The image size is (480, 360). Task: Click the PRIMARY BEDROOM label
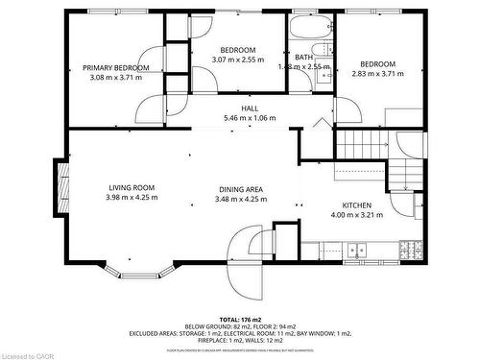click(x=115, y=67)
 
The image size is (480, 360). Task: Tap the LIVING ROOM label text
click(x=131, y=188)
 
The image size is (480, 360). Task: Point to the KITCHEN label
click(x=357, y=205)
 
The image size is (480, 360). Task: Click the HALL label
click(x=250, y=108)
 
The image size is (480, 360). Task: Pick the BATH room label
click(x=303, y=58)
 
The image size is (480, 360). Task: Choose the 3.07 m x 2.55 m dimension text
click(x=238, y=60)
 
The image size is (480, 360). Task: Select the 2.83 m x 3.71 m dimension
click(x=378, y=74)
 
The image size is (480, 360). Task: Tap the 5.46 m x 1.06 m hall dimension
click(x=250, y=118)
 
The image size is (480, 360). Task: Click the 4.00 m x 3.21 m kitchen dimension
click(x=357, y=215)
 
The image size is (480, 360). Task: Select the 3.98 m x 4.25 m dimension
click(x=131, y=198)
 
